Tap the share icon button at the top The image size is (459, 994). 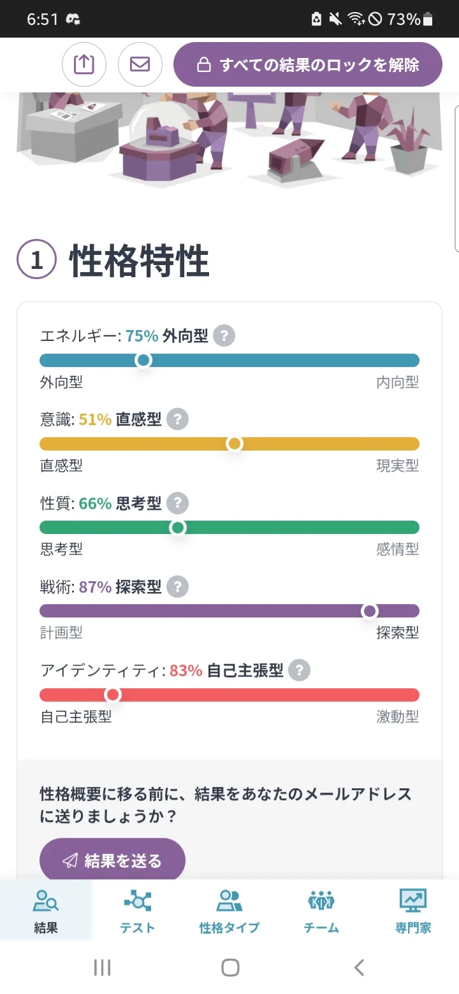pos(84,64)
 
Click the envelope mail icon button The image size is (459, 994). pos(140,64)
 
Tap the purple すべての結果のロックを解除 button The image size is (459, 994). pos(308,64)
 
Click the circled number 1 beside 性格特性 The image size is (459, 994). pos(36,260)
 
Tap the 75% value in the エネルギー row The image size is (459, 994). pos(142,336)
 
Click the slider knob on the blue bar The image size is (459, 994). pos(143,360)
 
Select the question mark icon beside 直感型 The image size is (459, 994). pos(177,420)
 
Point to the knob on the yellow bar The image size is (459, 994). pos(235,443)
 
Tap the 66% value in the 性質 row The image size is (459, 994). pos(96,503)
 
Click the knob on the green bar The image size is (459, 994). pos(178,528)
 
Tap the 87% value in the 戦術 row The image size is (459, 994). pos(96,587)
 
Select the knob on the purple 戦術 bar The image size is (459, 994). pos(369,611)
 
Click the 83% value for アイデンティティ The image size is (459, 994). pos(186,670)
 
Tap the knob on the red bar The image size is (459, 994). pos(113,695)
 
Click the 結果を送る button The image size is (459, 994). pos(112,860)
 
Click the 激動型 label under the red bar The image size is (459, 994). pos(397,717)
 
